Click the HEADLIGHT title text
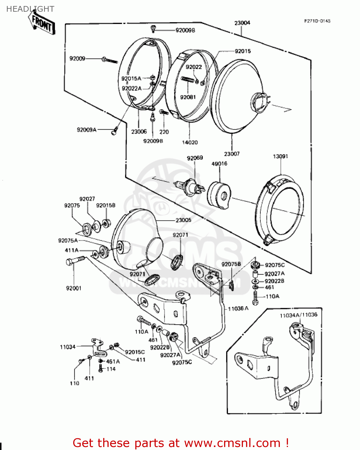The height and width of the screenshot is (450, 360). click(x=30, y=9)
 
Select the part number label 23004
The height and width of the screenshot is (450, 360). click(x=242, y=23)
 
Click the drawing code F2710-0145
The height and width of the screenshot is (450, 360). click(x=317, y=21)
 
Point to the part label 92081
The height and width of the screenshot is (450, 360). click(x=188, y=97)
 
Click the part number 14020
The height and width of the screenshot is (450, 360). click(x=190, y=142)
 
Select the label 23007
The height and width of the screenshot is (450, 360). click(x=232, y=154)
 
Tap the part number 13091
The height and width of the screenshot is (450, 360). click(x=280, y=156)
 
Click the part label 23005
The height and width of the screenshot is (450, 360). click(x=183, y=220)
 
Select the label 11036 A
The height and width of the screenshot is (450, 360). click(x=238, y=309)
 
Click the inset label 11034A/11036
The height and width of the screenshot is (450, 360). click(x=298, y=315)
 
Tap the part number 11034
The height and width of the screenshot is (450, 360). click(x=67, y=347)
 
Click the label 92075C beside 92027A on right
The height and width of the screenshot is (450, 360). click(x=274, y=265)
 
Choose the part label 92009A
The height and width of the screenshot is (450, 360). click(x=86, y=130)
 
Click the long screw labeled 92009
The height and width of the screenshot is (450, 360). click(x=110, y=60)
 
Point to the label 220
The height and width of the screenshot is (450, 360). click(x=164, y=132)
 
